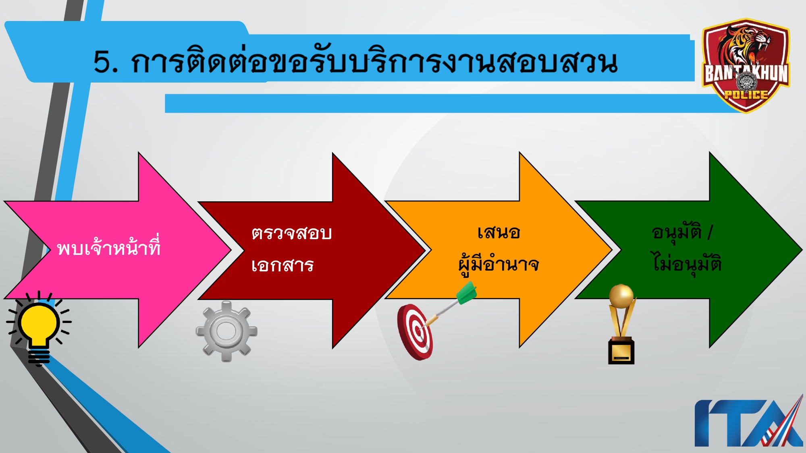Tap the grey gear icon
226,331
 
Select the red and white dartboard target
415,332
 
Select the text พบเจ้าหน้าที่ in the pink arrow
109,247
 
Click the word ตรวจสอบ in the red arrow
291,233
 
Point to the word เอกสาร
282,265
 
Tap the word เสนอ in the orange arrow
499,232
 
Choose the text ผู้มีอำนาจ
499,265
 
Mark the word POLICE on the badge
746,95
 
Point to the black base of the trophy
621,352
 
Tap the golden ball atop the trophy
621,296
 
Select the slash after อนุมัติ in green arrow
710,232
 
